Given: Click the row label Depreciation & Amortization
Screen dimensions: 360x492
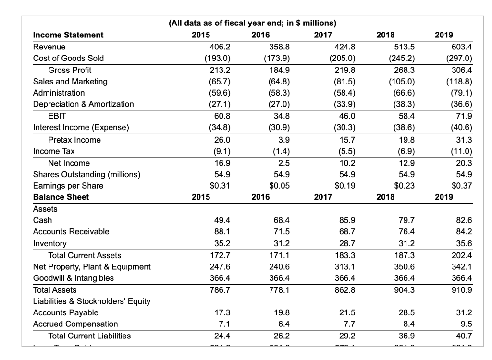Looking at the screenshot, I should pos(83,104).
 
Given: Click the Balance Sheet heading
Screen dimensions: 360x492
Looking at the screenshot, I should pos(61,197).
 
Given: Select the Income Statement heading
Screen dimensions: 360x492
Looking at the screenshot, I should pos(68,35).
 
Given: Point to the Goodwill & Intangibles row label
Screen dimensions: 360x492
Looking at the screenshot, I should pos(74,278).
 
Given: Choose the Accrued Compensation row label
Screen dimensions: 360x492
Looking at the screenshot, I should pos(75,324).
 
